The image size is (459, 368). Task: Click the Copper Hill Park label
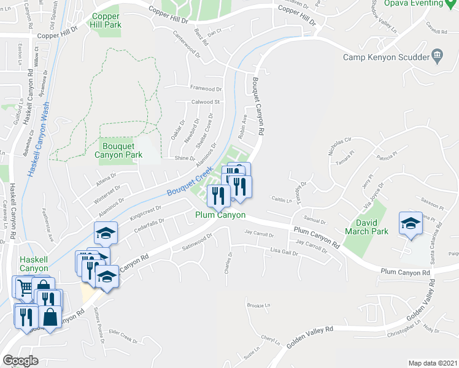coord(107,20)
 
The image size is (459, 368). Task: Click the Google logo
coord(20,360)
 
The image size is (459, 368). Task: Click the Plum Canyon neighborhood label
coord(220,215)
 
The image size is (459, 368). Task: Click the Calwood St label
coord(206,102)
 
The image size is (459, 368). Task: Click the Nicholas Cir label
coord(339,148)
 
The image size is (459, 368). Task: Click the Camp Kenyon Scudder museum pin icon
coord(437,56)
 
